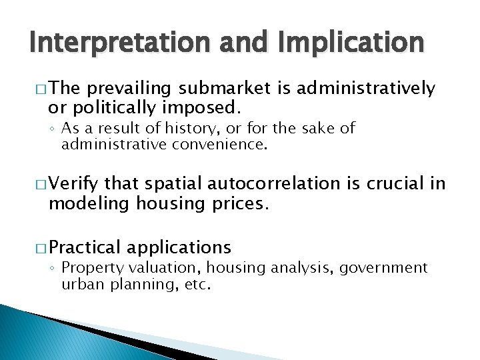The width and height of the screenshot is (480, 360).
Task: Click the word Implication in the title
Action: click(x=347, y=43)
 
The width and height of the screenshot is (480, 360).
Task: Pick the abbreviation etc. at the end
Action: click(x=197, y=285)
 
